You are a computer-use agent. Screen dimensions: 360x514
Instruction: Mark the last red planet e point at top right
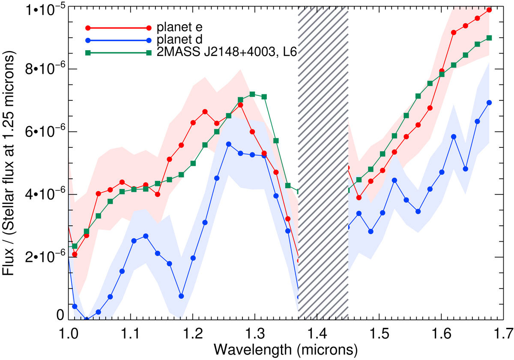(x=489, y=9)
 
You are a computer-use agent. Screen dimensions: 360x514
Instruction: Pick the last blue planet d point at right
(x=489, y=102)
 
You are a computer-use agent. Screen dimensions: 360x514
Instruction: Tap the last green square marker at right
(x=489, y=38)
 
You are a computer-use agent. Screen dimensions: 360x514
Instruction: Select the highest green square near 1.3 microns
(x=252, y=94)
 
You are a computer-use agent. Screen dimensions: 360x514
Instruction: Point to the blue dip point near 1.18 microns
(x=182, y=296)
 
